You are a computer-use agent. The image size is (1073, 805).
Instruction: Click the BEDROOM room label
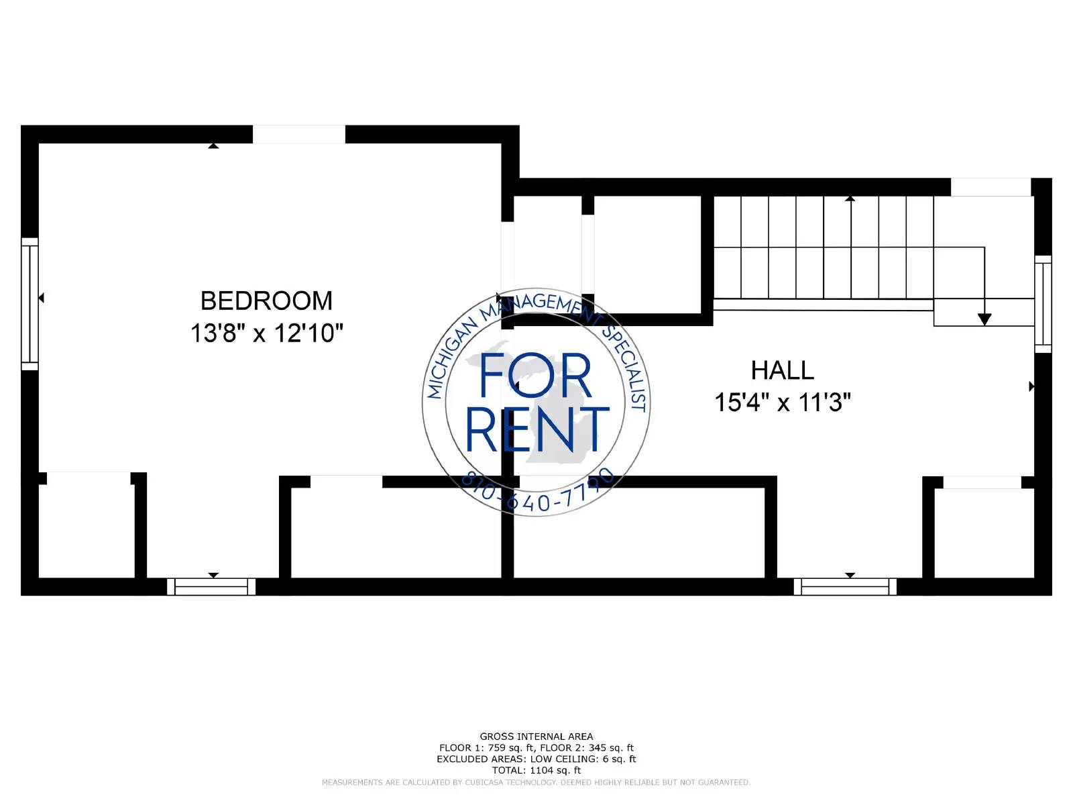point(266,301)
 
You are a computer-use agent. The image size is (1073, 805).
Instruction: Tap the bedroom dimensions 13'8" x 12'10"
point(266,333)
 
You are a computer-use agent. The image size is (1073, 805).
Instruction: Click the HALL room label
point(783,370)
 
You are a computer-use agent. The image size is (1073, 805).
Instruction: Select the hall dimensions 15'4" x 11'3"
point(783,402)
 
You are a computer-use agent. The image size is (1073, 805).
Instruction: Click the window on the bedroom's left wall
point(30,304)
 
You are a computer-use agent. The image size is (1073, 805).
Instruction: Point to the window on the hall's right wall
point(1043,304)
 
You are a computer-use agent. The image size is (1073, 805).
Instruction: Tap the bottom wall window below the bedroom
point(211,586)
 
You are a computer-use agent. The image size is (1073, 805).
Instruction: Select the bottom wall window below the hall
point(845,586)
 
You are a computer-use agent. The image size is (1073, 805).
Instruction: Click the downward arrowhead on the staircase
point(984,319)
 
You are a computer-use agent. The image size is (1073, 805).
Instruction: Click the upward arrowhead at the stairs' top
point(850,199)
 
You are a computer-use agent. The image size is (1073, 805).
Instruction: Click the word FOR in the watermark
point(535,376)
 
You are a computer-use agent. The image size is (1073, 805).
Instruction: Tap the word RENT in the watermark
point(537,429)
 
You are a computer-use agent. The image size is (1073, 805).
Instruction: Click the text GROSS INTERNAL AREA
point(536,736)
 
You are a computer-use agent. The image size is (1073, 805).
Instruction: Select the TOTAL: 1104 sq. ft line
point(536,770)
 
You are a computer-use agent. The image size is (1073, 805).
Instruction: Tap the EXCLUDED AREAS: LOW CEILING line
point(536,759)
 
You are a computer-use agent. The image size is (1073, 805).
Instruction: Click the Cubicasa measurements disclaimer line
point(536,782)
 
